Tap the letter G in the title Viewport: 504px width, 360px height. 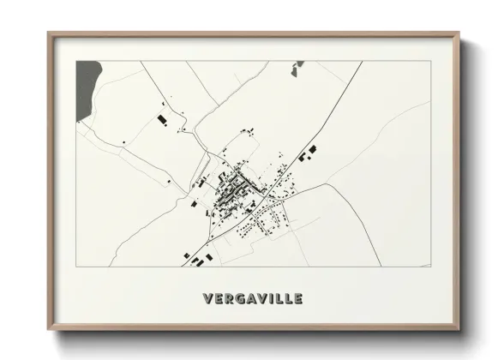(237, 298)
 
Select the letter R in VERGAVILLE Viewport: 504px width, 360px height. (227, 298)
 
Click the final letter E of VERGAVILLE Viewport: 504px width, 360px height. (297, 298)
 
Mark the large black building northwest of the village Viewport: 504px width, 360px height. (160, 117)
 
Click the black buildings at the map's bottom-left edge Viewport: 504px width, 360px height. (196, 258)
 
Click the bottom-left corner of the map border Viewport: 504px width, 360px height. (75, 267)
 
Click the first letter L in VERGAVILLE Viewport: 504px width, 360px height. (277, 298)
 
